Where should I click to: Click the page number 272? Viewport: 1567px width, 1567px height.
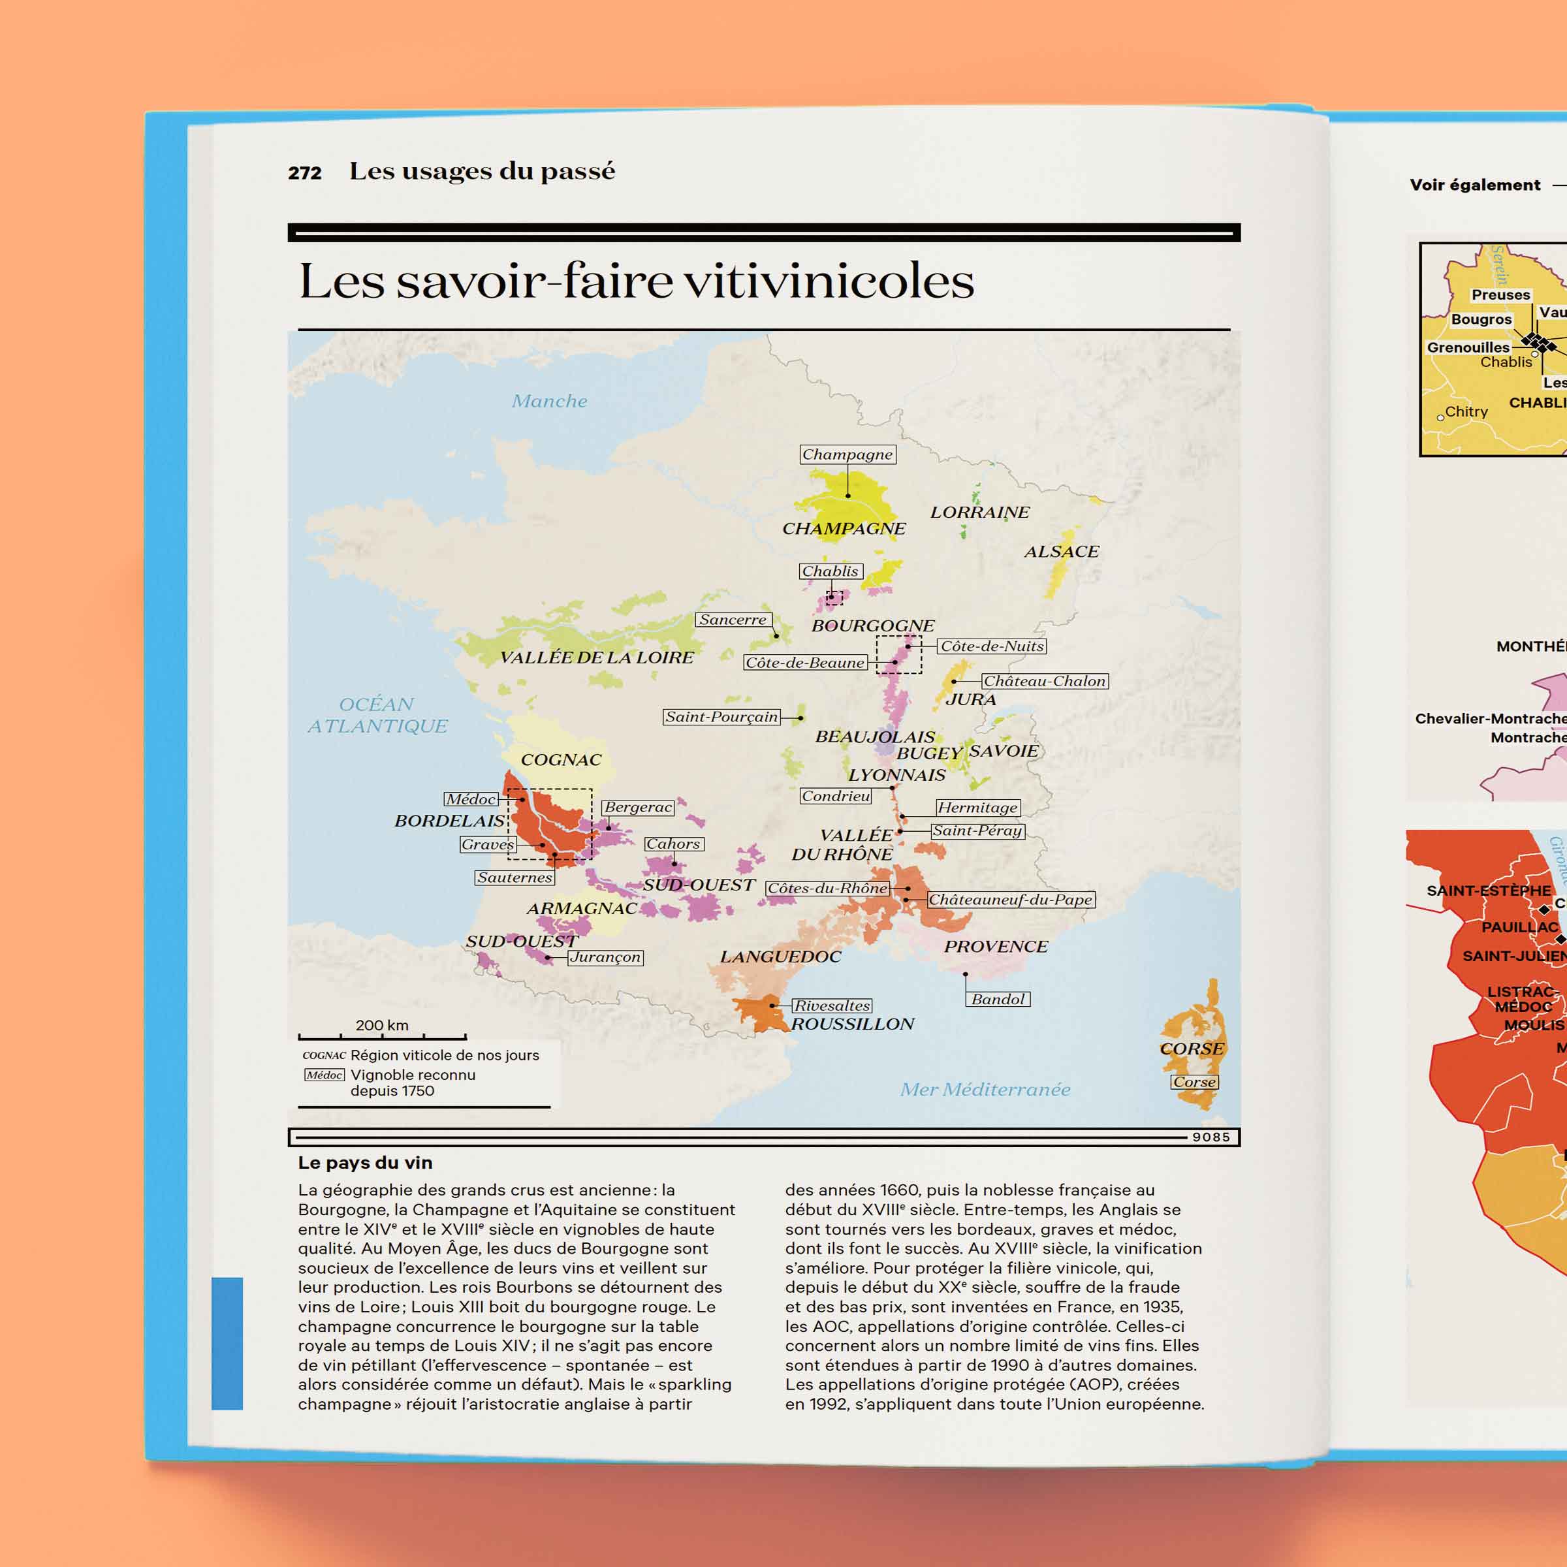(x=305, y=173)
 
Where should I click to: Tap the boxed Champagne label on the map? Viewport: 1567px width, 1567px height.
(x=847, y=454)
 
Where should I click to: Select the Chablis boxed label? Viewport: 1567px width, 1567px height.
(x=830, y=571)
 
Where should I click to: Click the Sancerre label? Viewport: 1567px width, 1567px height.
(x=733, y=620)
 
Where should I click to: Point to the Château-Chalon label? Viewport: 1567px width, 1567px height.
(x=1044, y=681)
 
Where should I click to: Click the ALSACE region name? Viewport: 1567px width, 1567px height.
(x=1061, y=552)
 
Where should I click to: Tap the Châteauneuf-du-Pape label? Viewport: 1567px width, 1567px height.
(x=1010, y=900)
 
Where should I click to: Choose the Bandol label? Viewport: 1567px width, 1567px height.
(x=998, y=999)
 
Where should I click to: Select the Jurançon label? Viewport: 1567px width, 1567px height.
(x=605, y=957)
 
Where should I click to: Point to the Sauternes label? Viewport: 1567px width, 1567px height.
(x=514, y=878)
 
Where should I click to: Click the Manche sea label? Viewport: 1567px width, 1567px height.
(x=549, y=401)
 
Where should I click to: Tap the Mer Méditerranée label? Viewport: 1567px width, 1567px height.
(x=985, y=1089)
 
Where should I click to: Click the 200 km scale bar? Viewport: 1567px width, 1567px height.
(x=382, y=1036)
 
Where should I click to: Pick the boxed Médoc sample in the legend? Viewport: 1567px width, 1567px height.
(x=324, y=1075)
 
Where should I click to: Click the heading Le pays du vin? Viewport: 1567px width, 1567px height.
(x=365, y=1162)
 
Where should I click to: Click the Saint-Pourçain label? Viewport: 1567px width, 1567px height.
(x=721, y=717)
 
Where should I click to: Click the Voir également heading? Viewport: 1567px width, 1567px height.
(x=1474, y=185)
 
